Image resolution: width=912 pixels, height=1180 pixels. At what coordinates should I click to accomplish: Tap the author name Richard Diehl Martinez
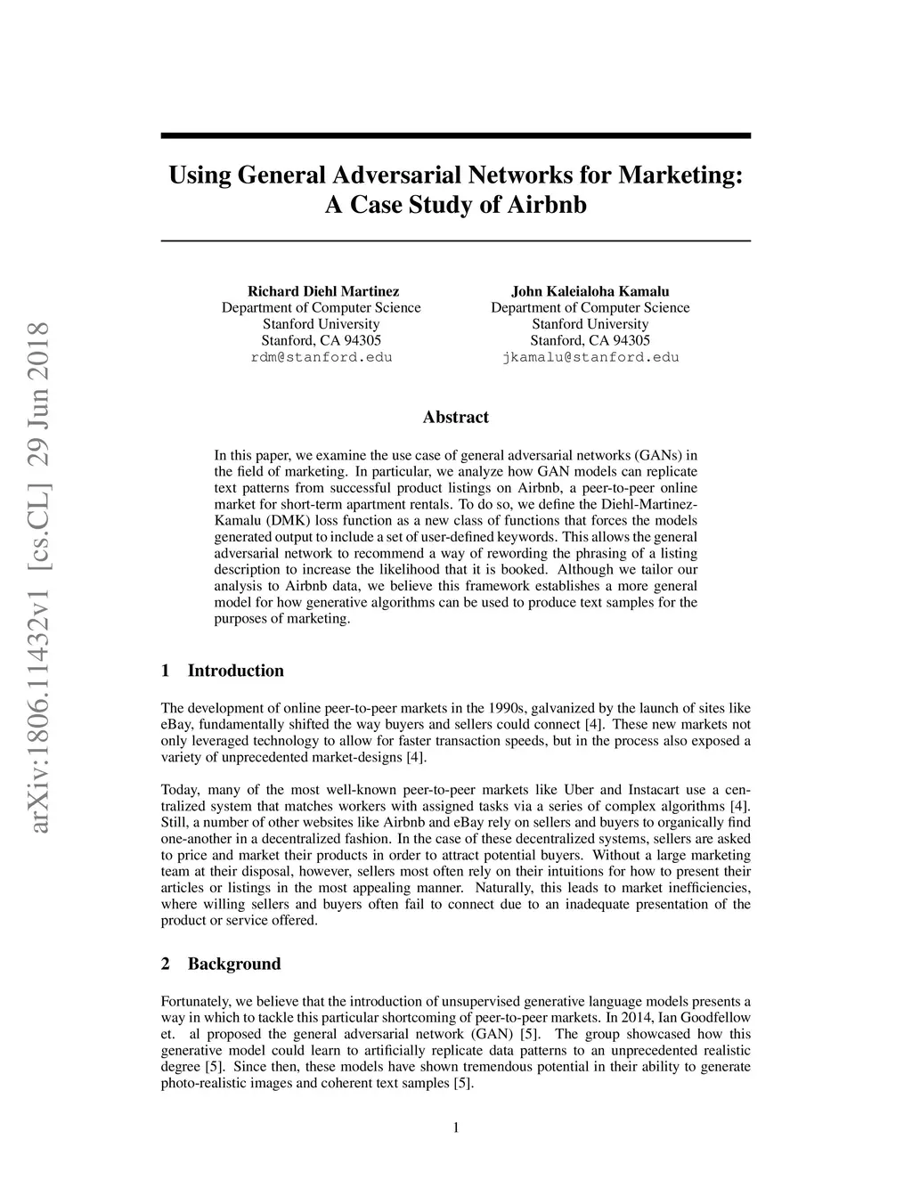pos(322,291)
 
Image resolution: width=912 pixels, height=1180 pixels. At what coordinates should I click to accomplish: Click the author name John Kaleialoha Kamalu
pos(590,291)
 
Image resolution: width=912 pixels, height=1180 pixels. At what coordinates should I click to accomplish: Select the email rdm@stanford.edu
pos(322,357)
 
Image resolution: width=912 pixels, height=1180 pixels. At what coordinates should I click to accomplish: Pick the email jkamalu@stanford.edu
pos(590,357)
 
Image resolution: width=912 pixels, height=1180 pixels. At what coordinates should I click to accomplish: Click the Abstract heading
pos(455,417)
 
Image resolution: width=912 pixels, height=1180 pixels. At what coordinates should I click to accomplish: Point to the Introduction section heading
pos(235,671)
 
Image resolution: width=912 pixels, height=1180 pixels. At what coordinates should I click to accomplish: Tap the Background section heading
pos(233,964)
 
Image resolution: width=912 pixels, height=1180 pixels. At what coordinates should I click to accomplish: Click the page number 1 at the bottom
pos(456,1128)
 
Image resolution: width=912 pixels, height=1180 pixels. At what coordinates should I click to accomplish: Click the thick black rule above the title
pos(455,135)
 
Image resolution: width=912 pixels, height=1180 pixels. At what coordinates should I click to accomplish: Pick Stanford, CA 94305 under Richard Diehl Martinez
pos(322,340)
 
